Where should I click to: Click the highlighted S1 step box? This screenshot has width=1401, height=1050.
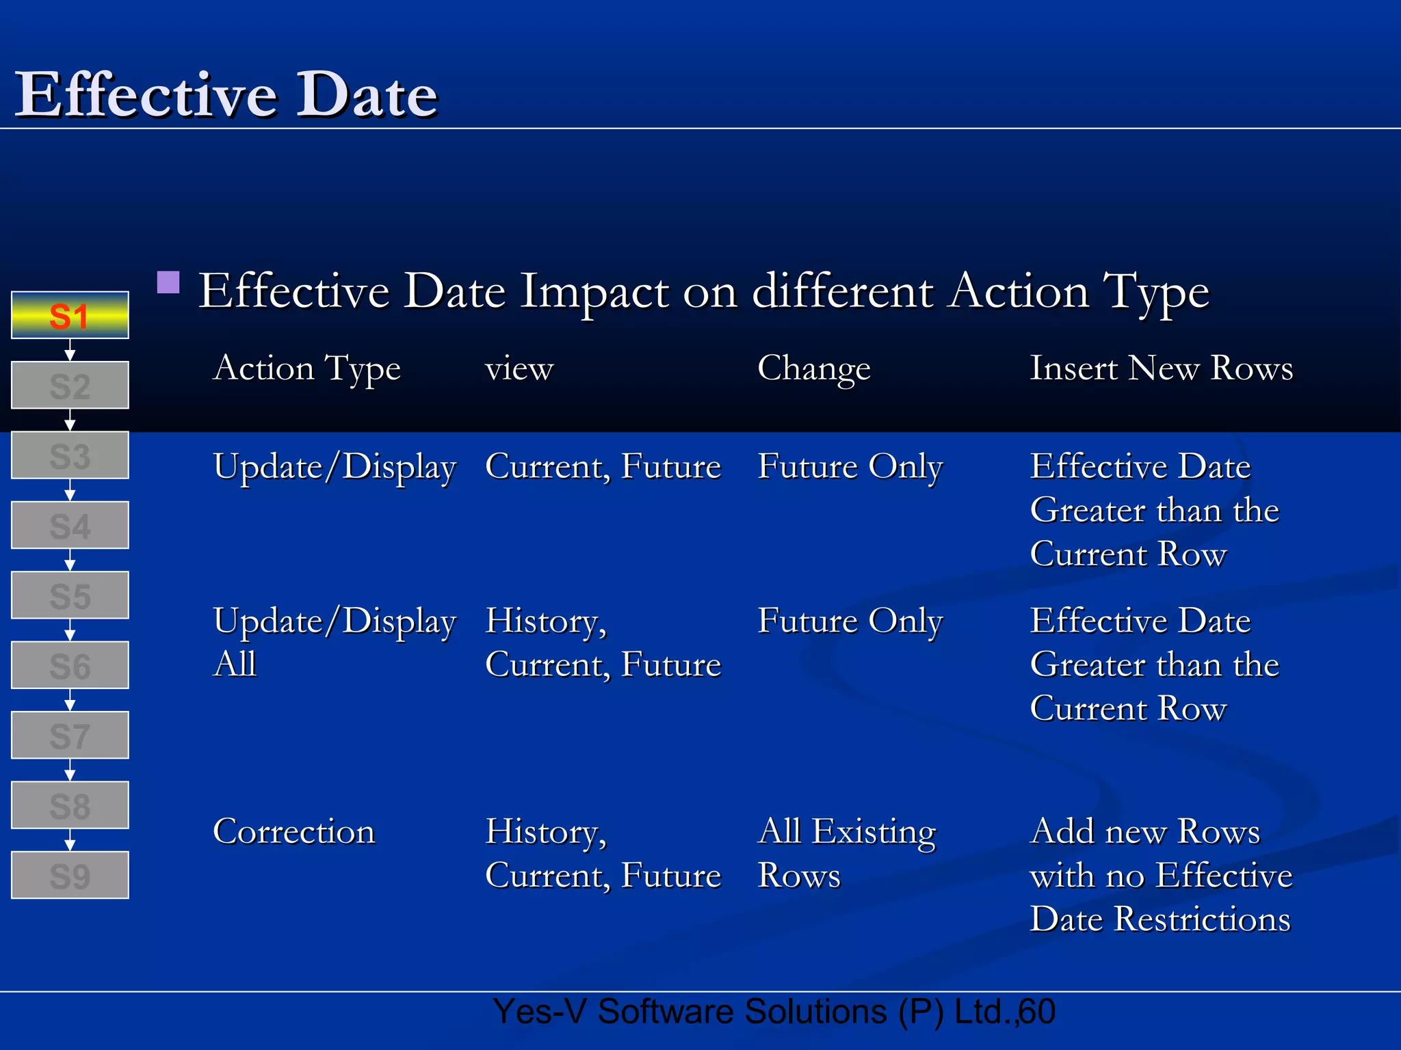coord(70,315)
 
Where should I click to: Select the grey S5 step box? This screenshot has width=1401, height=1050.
coord(70,595)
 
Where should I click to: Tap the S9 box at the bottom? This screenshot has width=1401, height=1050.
coord(70,875)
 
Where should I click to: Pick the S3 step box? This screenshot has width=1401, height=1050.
coord(70,455)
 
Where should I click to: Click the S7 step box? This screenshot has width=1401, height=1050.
coord(70,736)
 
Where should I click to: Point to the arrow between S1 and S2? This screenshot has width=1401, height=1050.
coord(70,351)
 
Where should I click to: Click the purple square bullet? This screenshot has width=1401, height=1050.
coord(168,282)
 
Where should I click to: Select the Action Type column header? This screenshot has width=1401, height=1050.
coord(306,369)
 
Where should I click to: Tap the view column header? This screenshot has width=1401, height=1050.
coord(519,369)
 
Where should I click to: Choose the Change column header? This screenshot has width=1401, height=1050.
coord(814,369)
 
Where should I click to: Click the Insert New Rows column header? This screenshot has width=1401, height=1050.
coord(1162,368)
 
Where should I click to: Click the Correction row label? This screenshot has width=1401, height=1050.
coord(294,832)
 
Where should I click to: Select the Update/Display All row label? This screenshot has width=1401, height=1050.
coord(334,642)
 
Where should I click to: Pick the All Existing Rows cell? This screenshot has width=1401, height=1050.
coord(847,853)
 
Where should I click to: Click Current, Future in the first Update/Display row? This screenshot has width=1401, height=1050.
coord(603,467)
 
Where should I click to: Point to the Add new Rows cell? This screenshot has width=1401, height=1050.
coord(1161,875)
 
